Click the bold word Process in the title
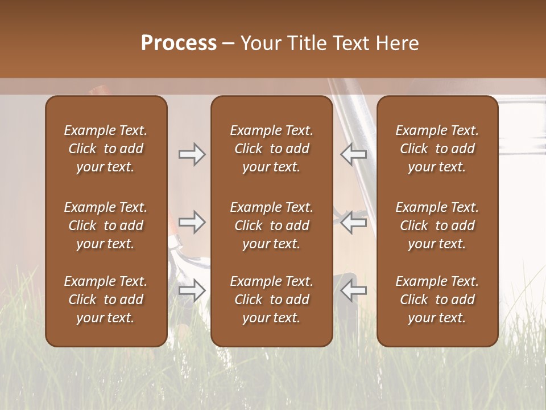coord(179,43)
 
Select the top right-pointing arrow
coord(192,154)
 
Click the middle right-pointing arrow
coord(192,222)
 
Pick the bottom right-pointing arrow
coord(192,290)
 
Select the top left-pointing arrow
coord(353,154)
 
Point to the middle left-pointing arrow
coord(353,222)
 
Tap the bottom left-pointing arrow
coord(353,290)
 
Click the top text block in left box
coord(106,149)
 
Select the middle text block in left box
coord(106,225)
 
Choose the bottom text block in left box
coord(106,300)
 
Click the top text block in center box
coord(271,149)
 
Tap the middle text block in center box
coord(271,225)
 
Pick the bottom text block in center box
coord(271,300)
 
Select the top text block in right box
coord(437,149)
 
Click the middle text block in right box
coord(437,225)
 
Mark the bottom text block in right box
coord(437,300)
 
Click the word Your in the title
coord(259,43)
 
